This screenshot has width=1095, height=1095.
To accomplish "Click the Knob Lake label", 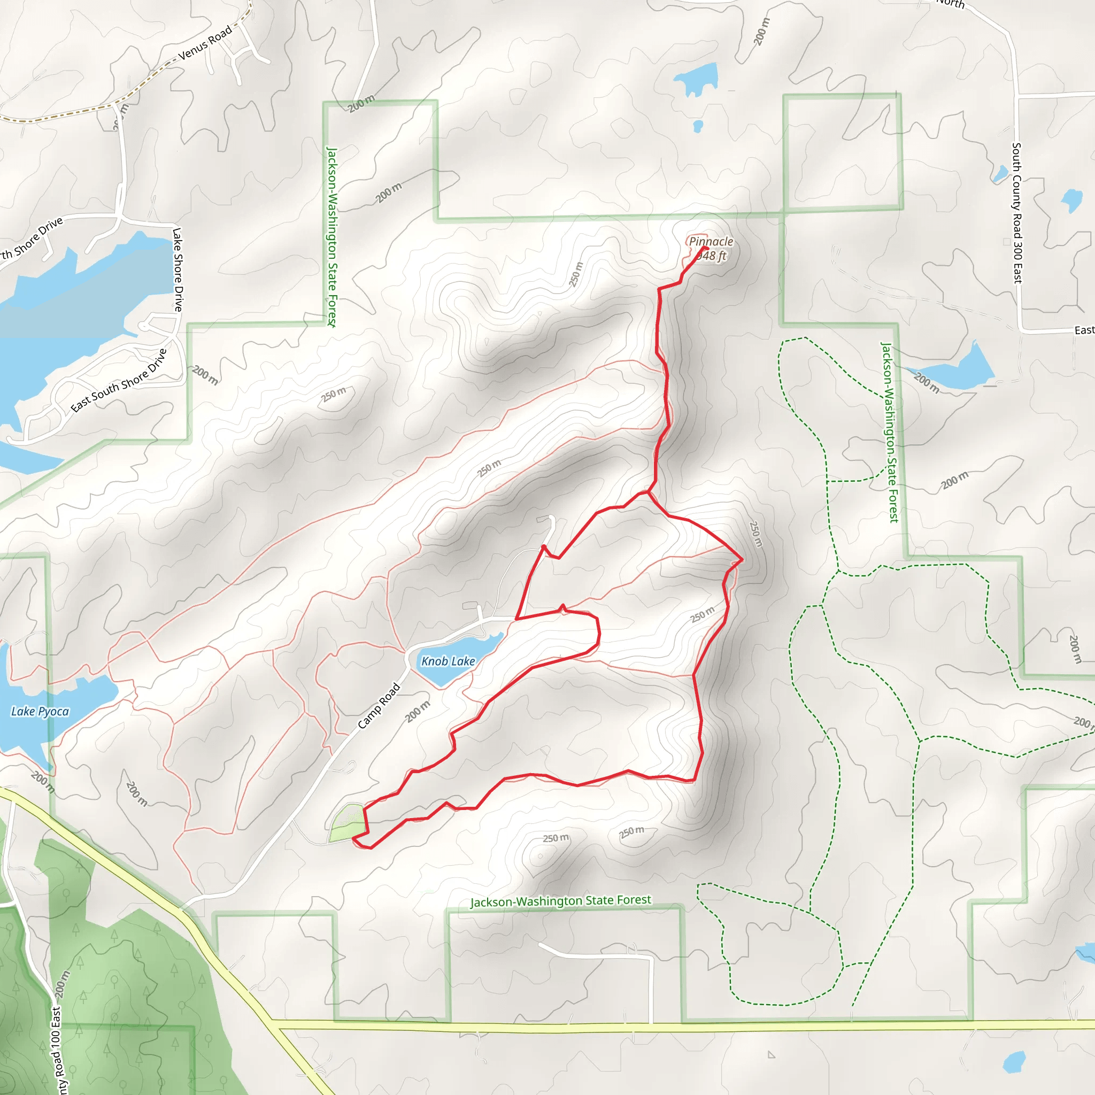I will [448, 661].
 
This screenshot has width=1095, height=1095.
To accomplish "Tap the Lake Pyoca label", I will [40, 711].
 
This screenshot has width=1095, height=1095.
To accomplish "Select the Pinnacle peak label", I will [711, 242].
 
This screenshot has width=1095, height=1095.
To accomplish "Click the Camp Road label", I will [379, 706].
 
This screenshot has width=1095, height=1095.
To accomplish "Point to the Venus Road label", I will [205, 43].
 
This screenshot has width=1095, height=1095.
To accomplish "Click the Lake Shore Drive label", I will [178, 270].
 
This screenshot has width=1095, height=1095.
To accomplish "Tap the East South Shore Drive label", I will [119, 380].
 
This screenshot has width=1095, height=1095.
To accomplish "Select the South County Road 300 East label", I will [1017, 213].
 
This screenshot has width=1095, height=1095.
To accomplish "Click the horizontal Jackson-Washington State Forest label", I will [560, 900].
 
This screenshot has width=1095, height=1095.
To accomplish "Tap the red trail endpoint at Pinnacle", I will [706, 248].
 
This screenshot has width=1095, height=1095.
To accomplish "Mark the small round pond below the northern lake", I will [698, 125].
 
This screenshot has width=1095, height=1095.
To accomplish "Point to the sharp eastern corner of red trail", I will [742, 560].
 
